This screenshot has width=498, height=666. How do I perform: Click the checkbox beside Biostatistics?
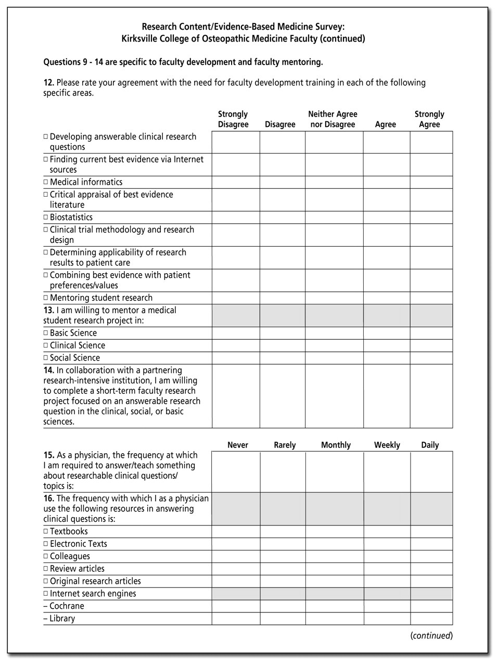pyautogui.click(x=46, y=217)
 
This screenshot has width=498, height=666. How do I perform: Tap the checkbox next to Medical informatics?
pyautogui.click(x=46, y=182)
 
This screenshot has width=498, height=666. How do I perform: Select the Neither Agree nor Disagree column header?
pyautogui.click(x=333, y=119)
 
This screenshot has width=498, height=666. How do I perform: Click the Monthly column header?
pyautogui.click(x=336, y=445)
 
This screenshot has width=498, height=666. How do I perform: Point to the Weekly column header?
pyautogui.click(x=387, y=445)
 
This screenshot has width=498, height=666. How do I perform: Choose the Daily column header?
pyautogui.click(x=430, y=445)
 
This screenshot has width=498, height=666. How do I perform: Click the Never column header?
pyautogui.click(x=238, y=445)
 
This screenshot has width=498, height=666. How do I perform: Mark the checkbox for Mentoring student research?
pyautogui.click(x=46, y=298)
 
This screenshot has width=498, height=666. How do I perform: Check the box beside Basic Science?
pyautogui.click(x=46, y=333)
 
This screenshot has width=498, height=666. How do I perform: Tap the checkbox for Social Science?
pyautogui.click(x=46, y=358)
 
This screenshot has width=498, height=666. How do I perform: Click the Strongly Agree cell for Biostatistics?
pyautogui.click(x=431, y=217)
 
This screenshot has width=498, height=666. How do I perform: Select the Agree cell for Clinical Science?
pyautogui.click(x=386, y=345)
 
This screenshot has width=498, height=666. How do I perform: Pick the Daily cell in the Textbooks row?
pyautogui.click(x=431, y=532)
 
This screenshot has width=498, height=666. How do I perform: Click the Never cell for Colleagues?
pyautogui.click(x=236, y=557)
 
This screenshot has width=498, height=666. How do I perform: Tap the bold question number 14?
pyautogui.click(x=49, y=370)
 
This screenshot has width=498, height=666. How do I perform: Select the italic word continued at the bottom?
pyautogui.click(x=431, y=635)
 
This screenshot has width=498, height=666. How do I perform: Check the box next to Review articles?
pyautogui.click(x=46, y=569)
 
